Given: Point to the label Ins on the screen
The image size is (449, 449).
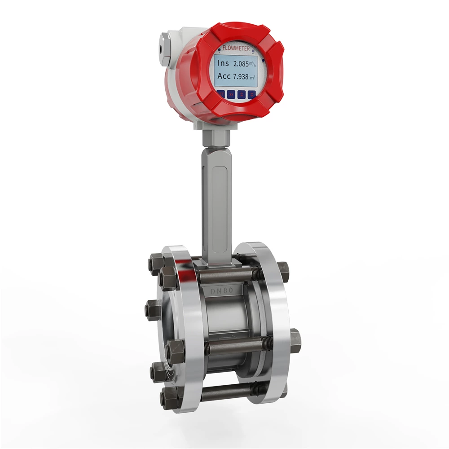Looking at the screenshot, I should pos(223,63).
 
